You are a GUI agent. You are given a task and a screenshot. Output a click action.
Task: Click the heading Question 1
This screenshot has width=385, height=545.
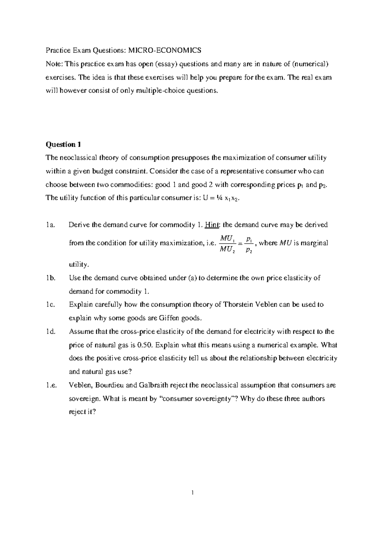pyautogui.click(x=63, y=145)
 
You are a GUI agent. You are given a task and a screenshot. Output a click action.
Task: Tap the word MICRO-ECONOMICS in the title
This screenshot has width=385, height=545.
pyautogui.click(x=165, y=50)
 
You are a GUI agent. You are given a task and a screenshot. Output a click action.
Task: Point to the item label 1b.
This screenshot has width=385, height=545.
pyautogui.click(x=51, y=278)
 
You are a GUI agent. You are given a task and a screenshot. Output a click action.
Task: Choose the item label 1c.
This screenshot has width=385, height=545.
pyautogui.click(x=50, y=305)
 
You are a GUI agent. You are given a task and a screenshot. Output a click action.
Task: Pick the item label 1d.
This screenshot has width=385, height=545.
pyautogui.click(x=51, y=332)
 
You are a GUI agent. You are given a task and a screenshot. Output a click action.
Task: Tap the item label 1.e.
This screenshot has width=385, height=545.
pyautogui.click(x=51, y=385)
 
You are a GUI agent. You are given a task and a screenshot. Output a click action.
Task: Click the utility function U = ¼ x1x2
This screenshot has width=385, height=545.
pyautogui.click(x=221, y=198)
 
